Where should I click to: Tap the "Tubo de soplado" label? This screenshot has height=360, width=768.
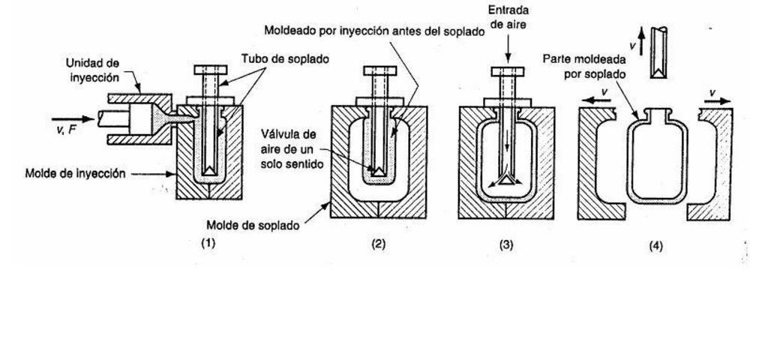pos(274,58)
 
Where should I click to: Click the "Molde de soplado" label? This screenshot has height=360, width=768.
pos(252,225)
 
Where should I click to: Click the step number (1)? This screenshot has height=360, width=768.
pos(208,242)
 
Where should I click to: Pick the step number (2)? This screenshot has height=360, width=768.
pos(379,243)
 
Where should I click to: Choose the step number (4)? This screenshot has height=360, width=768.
pos(655,244)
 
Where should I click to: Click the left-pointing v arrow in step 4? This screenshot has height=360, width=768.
pos(598,98)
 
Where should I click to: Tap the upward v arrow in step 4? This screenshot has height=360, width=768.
pos(642,39)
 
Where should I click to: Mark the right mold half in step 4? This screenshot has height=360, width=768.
pos(714,165)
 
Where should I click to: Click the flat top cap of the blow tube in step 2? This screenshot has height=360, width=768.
pos(379,70)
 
